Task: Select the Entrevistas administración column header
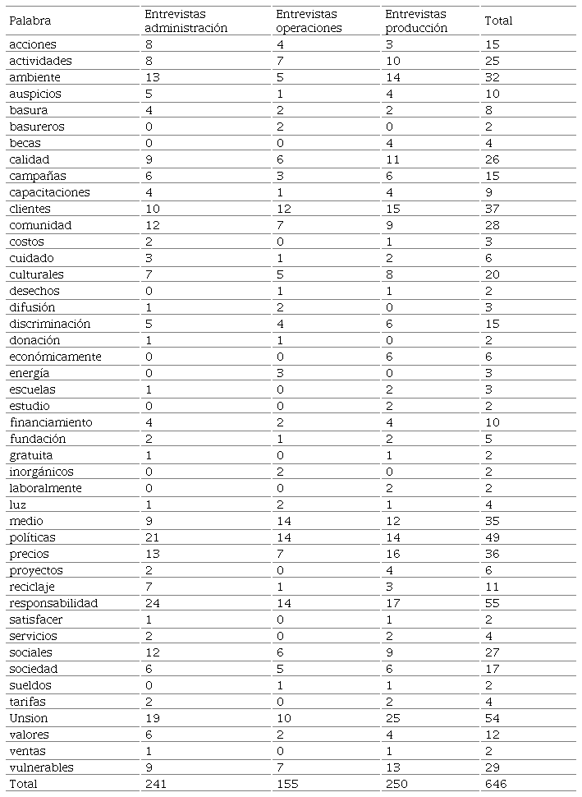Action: tap(186, 21)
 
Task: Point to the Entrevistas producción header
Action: tap(416, 21)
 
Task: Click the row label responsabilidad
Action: tap(53, 603)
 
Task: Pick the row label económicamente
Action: tap(55, 357)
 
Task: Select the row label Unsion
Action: tap(29, 718)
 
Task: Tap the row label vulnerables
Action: tap(41, 767)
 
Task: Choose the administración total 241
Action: tap(156, 784)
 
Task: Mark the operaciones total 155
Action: tap(286, 784)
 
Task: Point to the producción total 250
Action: tap(396, 784)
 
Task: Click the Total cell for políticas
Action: tap(493, 537)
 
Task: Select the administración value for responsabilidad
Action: tap(152, 603)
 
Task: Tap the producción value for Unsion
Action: tap(393, 718)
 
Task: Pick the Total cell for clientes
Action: tap(493, 209)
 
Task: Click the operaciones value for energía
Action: tap(279, 373)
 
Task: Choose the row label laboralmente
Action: tap(46, 488)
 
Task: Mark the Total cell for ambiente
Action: tap(493, 77)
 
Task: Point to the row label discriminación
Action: tap(50, 324)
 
